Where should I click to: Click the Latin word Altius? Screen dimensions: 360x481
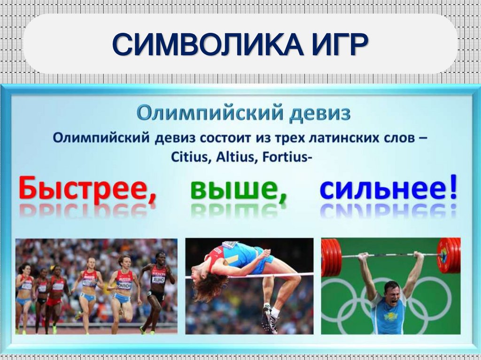coord(233,157)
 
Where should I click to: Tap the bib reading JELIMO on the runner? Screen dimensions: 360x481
coord(159,280)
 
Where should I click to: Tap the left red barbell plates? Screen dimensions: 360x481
coord(331,257)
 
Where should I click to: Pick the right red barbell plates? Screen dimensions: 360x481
coord(449,255)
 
